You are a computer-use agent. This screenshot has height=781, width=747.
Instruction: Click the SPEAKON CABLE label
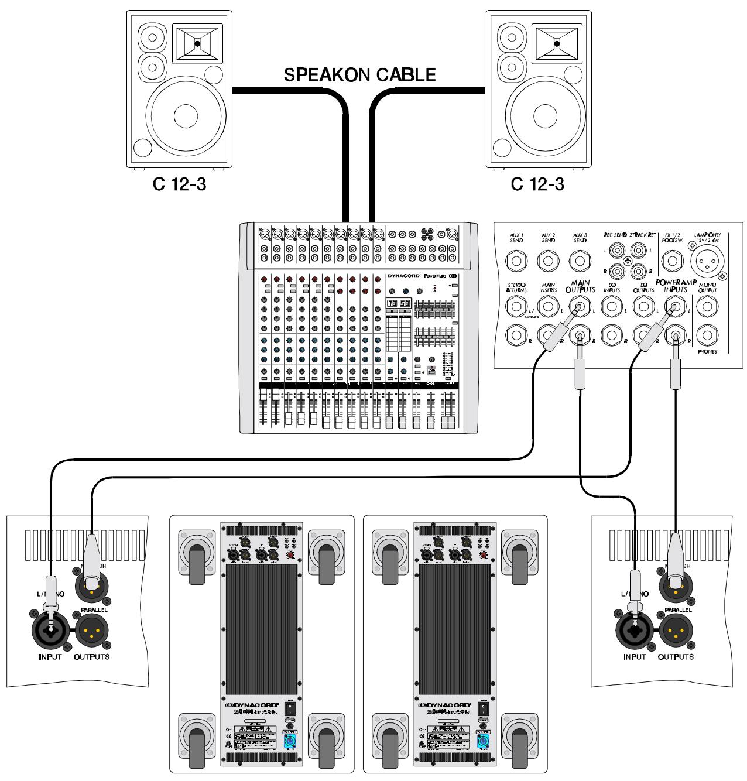pos(359,74)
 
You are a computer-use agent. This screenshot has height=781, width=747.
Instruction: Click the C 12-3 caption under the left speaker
pos(179,184)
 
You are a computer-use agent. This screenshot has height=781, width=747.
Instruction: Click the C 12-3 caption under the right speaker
pos(537,184)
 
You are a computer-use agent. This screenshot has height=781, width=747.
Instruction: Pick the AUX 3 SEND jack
pos(580,261)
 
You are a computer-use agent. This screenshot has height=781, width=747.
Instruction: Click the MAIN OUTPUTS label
pos(580,286)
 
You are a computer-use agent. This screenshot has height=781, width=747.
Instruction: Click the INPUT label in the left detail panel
pos(50,656)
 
